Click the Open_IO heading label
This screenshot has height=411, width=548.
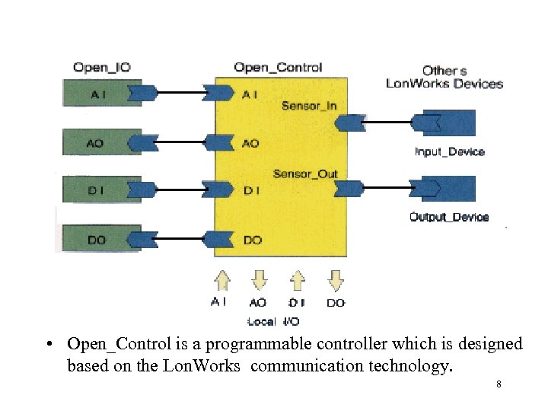tap(101, 68)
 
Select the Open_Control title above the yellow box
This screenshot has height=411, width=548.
tap(277, 68)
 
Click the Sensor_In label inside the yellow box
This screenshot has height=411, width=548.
tap(309, 105)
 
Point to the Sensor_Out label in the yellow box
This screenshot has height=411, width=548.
tap(305, 174)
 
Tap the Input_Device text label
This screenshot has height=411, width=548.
tap(449, 151)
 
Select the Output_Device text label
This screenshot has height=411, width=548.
tap(449, 217)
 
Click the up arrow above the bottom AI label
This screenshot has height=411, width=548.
tap(221, 280)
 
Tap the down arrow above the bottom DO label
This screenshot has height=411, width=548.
tap(335, 280)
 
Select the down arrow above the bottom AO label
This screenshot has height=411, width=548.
tap(259, 280)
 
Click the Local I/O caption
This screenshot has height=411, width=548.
tap(273, 322)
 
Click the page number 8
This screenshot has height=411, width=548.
tap(498, 385)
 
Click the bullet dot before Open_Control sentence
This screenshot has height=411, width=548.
tap(49, 345)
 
